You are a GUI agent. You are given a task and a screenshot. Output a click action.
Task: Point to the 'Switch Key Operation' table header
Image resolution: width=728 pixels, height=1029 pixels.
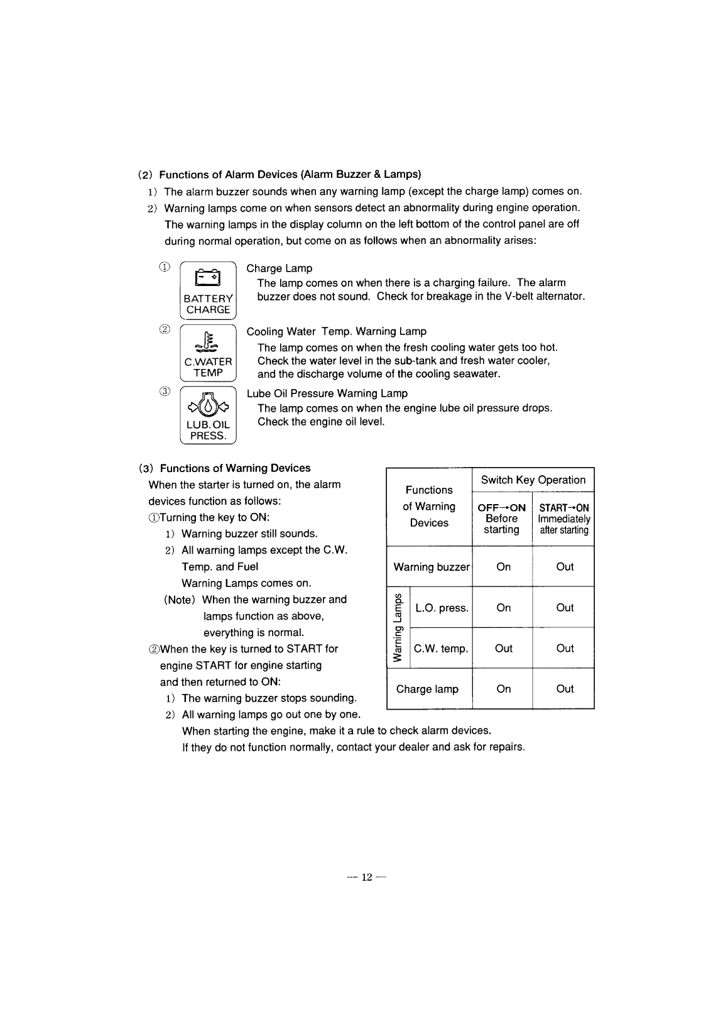533,480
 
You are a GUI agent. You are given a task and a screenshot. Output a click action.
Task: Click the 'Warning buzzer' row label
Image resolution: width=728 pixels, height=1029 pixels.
431,567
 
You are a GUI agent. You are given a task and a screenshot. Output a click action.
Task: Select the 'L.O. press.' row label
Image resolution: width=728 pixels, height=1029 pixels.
442,608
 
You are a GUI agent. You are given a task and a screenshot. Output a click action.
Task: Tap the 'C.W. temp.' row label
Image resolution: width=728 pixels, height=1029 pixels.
441,649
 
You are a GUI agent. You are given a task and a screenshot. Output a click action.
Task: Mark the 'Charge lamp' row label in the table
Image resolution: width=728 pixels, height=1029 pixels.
427,689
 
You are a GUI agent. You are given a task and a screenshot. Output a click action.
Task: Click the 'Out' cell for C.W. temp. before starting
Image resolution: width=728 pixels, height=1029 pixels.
504,649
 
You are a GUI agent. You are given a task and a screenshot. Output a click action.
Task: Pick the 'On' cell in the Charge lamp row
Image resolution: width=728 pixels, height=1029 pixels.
504,689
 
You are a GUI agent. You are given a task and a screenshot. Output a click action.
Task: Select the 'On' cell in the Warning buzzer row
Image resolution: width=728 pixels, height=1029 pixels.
504,567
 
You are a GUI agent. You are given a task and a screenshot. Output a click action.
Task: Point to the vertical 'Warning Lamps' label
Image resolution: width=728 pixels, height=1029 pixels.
398,628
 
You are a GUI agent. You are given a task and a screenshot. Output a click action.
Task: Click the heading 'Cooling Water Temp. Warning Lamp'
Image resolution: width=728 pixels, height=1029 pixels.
336,331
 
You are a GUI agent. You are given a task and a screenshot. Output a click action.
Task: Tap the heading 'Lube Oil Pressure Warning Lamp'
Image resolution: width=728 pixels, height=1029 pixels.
327,393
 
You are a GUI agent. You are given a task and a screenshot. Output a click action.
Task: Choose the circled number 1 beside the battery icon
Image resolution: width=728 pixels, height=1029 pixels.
165,267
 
